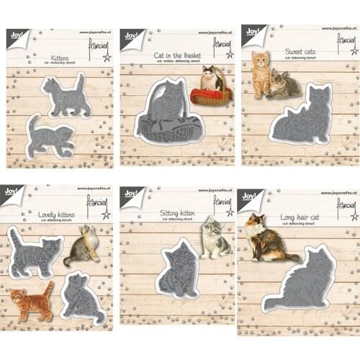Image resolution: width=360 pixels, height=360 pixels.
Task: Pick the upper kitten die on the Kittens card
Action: [65, 95]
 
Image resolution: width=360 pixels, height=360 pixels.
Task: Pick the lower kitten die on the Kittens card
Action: [50, 137]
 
